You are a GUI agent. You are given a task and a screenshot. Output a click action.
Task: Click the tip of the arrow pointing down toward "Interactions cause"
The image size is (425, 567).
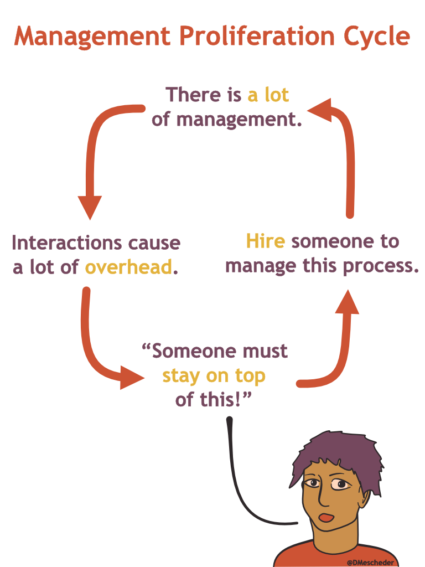pos(90,219)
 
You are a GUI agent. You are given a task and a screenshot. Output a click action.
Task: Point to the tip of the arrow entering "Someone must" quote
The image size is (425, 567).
pos(144,378)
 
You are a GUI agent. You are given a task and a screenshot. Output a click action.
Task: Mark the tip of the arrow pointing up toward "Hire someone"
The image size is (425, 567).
pos(348,290)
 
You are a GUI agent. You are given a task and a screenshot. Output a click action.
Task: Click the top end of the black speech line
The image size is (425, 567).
pos(229,420)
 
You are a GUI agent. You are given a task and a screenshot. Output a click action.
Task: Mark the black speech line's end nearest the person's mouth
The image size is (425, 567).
pos(297,523)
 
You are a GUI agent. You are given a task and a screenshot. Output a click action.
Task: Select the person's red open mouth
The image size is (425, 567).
pos(326,518)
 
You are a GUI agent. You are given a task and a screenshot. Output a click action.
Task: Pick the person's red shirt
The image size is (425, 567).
pos(336,555)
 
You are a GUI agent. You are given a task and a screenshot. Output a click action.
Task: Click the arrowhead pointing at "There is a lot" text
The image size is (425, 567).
pos(319,110)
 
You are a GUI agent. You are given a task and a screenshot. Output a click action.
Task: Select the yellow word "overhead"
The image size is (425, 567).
pos(128,267)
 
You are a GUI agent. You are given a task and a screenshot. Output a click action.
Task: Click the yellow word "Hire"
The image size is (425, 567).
pos(266,241)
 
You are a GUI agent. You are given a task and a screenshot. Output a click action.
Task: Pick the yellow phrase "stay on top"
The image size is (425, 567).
pos(214,376)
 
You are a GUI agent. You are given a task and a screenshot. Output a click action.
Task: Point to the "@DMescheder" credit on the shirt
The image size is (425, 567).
pos(370,563)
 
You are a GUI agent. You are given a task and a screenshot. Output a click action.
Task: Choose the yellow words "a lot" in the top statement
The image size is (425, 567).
pos(268,95)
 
